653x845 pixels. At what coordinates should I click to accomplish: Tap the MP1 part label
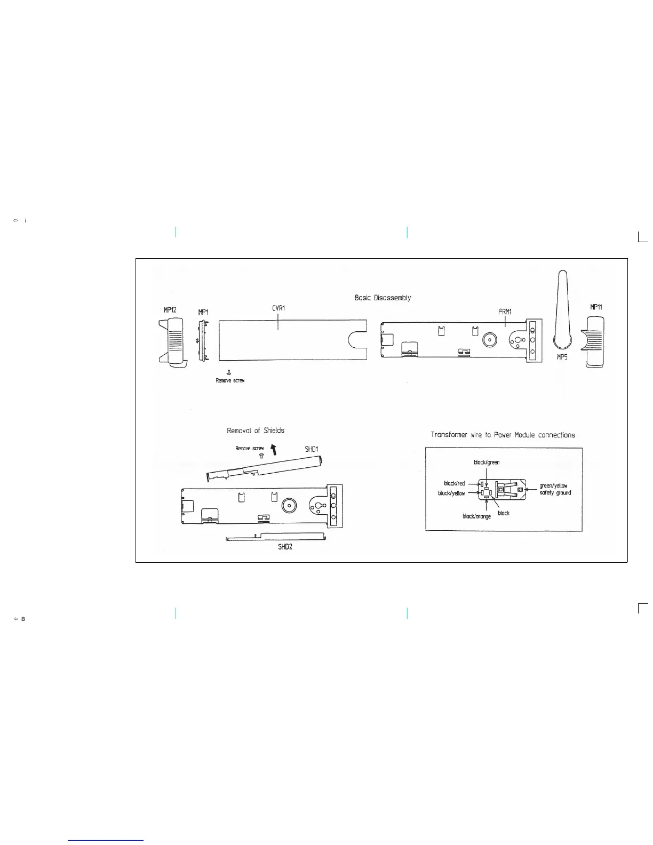(x=203, y=312)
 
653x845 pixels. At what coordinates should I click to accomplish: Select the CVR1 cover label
(x=278, y=308)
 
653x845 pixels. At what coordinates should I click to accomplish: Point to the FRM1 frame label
(x=505, y=311)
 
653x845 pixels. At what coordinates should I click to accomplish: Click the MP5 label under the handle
(x=562, y=357)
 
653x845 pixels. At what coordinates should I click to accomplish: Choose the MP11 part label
(x=596, y=307)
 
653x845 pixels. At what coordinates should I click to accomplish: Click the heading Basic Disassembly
(x=383, y=298)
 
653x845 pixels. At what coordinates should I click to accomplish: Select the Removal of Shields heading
(x=256, y=430)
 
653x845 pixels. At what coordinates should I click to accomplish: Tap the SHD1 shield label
(x=312, y=449)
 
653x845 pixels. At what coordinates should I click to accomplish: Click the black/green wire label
(x=487, y=462)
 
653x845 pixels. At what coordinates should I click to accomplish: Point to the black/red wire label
(x=455, y=483)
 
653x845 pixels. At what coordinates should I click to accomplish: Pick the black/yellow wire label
(x=451, y=493)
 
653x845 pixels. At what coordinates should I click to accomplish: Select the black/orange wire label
(x=476, y=516)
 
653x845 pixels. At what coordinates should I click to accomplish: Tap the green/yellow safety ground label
(x=555, y=489)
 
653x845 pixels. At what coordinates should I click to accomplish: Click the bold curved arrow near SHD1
(x=274, y=449)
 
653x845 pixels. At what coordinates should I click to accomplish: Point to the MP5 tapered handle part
(x=562, y=309)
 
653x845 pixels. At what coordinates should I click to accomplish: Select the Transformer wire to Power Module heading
(x=503, y=435)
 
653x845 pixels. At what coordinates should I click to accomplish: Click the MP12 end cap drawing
(x=171, y=341)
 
